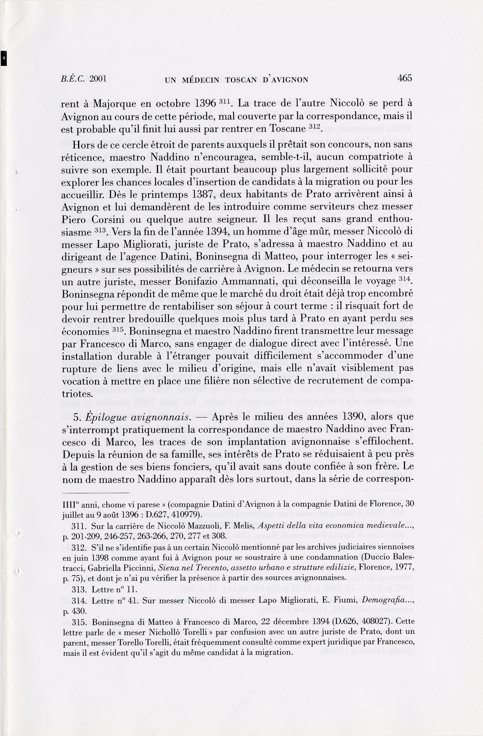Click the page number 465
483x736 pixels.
tap(405, 78)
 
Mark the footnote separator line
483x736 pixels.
tap(96, 493)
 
